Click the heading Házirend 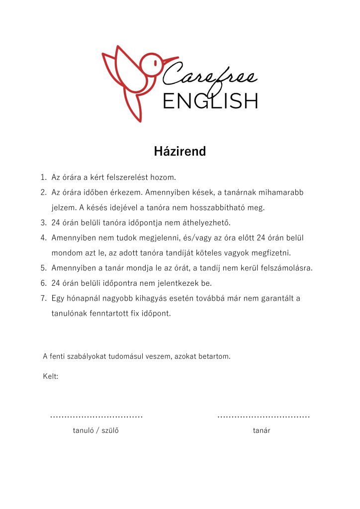tap(180, 152)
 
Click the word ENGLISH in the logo tap(210, 101)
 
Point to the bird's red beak tap(170, 61)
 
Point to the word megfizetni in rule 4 tap(272, 253)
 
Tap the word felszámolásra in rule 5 tap(285, 268)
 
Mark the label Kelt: tap(51, 376)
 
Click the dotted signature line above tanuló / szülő tap(96, 416)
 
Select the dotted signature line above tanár tap(264, 416)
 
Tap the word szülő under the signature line tap(110, 430)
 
